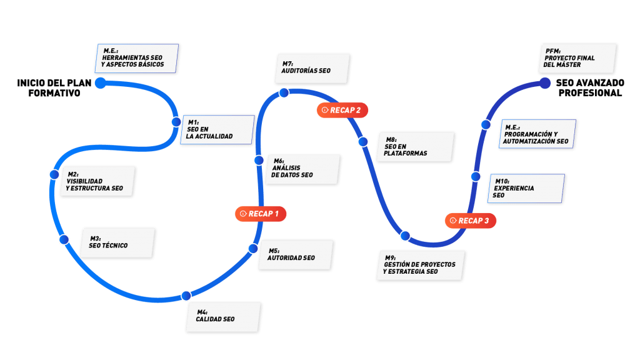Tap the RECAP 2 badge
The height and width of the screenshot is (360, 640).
tap(342, 110)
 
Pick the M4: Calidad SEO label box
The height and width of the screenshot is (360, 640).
tap(222, 316)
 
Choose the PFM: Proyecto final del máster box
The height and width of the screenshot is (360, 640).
tap(577, 59)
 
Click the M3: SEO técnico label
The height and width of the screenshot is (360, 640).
tap(116, 242)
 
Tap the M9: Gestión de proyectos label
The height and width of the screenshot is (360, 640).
tap(419, 265)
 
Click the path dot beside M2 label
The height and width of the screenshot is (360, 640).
tap(54, 174)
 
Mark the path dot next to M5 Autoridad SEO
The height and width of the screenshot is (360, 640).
tap(253, 248)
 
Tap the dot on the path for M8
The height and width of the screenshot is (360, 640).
tap(363, 142)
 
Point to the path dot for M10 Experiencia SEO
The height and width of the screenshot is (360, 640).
tap(476, 176)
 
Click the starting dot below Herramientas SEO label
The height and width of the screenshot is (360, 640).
tap(101, 83)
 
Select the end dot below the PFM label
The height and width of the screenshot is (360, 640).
tap(545, 83)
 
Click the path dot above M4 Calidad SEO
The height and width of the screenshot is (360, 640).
tap(186, 296)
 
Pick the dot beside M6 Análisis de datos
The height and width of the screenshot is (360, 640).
tap(259, 161)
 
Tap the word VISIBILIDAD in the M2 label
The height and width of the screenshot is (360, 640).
tap(84, 181)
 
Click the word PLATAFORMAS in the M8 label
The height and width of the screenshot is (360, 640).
tap(406, 153)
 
